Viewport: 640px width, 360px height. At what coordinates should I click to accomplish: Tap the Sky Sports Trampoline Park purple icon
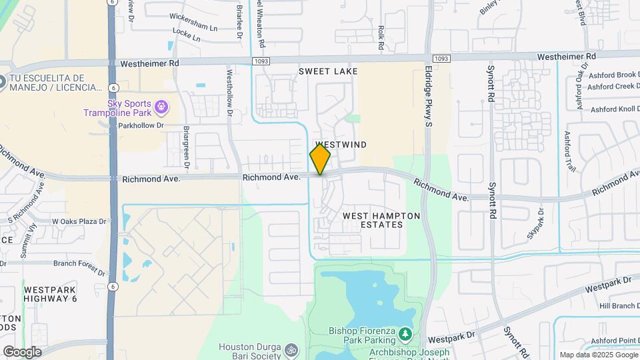pyautogui.click(x=160, y=107)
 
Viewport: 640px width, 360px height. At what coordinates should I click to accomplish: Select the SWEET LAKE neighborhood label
pyautogui.click(x=328, y=71)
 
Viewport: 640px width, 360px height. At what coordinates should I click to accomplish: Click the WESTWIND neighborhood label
pyautogui.click(x=341, y=145)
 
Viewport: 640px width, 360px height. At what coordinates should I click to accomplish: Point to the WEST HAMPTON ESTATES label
pyautogui.click(x=381, y=220)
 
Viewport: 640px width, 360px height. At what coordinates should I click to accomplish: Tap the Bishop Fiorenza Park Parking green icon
pyautogui.click(x=405, y=332)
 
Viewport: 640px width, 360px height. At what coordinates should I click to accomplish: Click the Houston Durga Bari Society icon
pyautogui.click(x=291, y=349)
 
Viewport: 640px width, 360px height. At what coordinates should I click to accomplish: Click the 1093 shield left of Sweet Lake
pyautogui.click(x=261, y=61)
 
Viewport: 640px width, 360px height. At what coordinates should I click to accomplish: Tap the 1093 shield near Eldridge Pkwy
pyautogui.click(x=439, y=59)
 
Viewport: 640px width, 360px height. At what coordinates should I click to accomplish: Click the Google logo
pyautogui.click(x=21, y=351)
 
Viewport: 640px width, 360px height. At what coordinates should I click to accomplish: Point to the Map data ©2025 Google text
pyautogui.click(x=599, y=355)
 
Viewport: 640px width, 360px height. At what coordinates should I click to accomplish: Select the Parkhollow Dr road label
pyautogui.click(x=141, y=125)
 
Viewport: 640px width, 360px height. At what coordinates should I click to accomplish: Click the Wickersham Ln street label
pyautogui.click(x=193, y=29)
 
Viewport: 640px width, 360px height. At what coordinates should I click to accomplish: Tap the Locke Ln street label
pyautogui.click(x=186, y=39)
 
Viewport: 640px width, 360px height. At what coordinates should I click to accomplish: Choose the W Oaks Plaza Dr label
pyautogui.click(x=79, y=221)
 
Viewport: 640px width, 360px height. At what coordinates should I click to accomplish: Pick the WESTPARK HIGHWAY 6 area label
pyautogui.click(x=51, y=295)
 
